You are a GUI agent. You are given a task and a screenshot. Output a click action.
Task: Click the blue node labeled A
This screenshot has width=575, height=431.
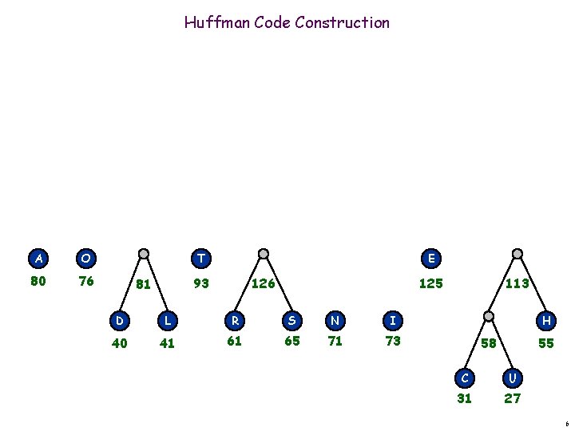(38, 259)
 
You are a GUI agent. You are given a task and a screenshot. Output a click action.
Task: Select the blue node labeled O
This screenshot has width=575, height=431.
(85, 259)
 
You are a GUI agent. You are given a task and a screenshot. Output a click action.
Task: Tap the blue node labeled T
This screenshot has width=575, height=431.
(201, 259)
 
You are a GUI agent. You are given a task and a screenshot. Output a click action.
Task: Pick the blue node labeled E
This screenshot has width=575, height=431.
(431, 259)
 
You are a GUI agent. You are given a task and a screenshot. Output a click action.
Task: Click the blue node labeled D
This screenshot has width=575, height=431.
(119, 321)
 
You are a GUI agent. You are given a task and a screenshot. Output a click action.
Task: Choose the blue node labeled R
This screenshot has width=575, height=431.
(236, 321)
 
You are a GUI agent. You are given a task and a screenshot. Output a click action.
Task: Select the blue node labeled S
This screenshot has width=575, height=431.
(292, 321)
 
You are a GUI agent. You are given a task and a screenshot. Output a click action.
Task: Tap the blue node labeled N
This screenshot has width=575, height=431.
(335, 321)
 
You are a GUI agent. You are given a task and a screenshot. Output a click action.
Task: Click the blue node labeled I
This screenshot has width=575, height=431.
(392, 321)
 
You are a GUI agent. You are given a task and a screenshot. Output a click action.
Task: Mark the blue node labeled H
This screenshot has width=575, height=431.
(546, 321)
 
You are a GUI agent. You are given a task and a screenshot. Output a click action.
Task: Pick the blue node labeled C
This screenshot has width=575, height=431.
(464, 376)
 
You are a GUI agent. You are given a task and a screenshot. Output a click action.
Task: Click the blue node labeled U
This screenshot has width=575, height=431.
(513, 376)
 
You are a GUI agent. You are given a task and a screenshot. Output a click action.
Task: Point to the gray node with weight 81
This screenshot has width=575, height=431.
(144, 255)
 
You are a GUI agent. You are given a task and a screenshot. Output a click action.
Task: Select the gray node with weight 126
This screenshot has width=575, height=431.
(264, 255)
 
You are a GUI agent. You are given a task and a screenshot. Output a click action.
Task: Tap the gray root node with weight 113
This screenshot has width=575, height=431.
(517, 255)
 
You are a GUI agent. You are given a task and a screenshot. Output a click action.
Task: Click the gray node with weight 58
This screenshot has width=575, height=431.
(488, 317)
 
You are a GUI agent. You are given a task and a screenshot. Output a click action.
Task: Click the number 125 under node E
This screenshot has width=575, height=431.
(431, 283)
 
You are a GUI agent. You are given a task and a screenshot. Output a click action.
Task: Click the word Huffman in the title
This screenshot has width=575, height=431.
(217, 22)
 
